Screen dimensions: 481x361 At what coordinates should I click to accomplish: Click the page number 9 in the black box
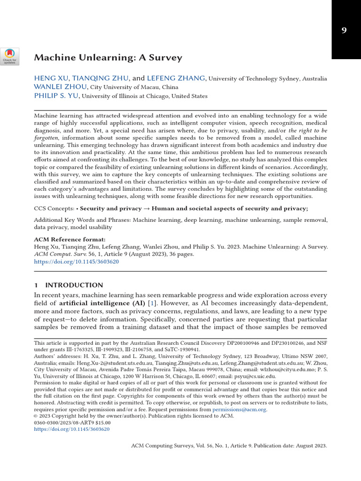pyautogui.click(x=344, y=31)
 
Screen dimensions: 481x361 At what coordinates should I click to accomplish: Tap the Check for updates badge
pyautogui.click(x=9, y=56)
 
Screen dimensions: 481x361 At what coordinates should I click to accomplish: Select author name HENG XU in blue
pyautogui.click(x=51, y=78)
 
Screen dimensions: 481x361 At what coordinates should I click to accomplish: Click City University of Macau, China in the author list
pyautogui.click(x=127, y=87)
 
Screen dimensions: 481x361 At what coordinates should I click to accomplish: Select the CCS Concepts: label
pyautogui.click(x=54, y=209)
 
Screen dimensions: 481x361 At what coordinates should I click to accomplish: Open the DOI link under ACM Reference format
pyautogui.click(x=76, y=262)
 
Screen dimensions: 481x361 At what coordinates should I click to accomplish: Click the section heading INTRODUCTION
pyautogui.click(x=74, y=285)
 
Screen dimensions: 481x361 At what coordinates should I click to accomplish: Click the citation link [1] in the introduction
pyautogui.click(x=151, y=303)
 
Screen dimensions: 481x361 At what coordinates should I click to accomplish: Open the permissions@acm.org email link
pyautogui.click(x=239, y=410)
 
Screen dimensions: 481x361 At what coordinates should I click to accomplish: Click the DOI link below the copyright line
pyautogui.click(x=71, y=429)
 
